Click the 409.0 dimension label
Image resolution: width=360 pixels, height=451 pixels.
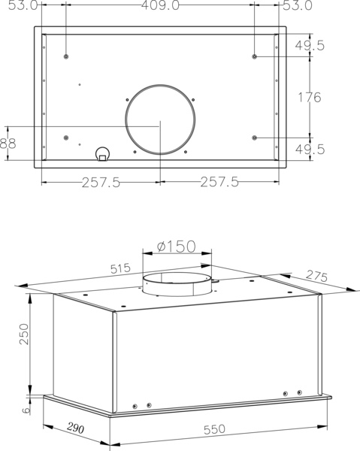160,5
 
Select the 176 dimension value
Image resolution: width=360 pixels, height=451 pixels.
310,97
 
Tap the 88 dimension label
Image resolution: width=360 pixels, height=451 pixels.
8,143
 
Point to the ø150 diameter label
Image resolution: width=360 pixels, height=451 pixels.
177,247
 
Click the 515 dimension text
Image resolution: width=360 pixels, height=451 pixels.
121,268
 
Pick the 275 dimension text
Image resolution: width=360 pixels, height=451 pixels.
316,276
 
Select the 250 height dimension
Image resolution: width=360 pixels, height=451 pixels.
25,334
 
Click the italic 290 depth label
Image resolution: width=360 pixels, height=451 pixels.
76,428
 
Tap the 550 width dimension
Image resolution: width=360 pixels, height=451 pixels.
214,429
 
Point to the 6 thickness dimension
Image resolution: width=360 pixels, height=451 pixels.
26,410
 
